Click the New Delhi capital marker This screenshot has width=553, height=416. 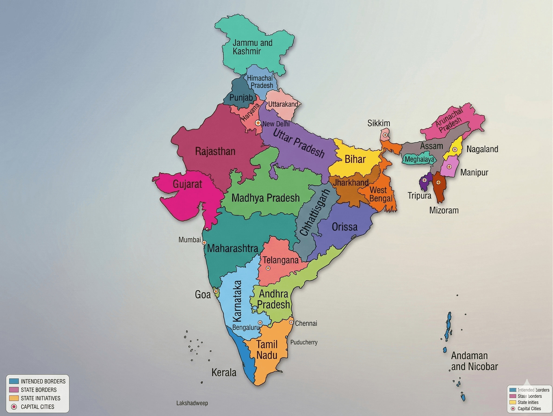pos(258,123)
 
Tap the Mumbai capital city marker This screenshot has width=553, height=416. pos(204,243)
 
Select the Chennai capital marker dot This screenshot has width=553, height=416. pos(291,322)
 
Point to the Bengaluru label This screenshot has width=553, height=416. pos(246,327)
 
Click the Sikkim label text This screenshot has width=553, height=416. pos(378,123)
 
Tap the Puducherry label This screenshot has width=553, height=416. pos(304,342)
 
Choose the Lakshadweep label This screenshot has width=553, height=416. pos(192,403)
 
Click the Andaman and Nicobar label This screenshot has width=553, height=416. pos(474,361)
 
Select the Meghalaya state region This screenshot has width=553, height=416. pos(419,159)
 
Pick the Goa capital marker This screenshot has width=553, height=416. pos(216,291)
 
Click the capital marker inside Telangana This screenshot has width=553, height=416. pos(268,268)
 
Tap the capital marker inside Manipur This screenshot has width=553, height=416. pos(449,166)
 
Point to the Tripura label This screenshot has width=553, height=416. pos(419,195)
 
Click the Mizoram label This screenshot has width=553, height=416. pos(444,210)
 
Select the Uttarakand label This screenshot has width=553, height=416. pos(283,104)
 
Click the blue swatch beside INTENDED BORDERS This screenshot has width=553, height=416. pos(14,381)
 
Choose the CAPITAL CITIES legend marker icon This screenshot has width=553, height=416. pos(14,407)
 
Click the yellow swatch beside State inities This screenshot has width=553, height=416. pos(513,402)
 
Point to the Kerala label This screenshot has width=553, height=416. pos(224,373)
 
